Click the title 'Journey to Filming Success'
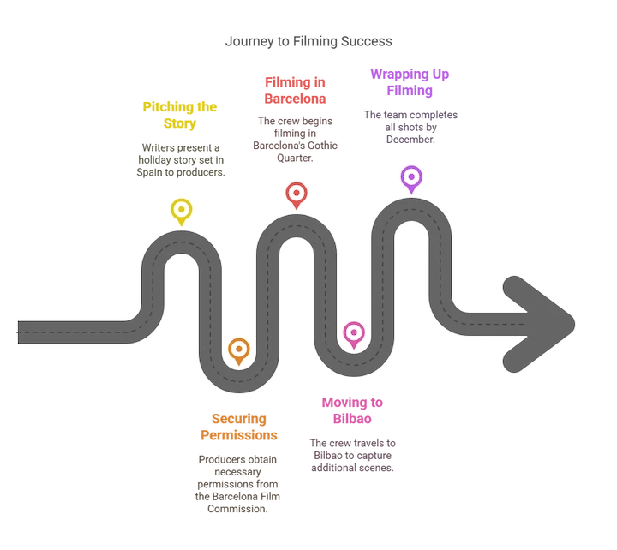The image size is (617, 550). click(308, 41)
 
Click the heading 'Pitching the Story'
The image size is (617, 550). click(180, 115)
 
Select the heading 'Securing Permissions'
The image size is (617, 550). click(239, 427)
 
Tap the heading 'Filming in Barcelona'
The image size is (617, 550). click(295, 90)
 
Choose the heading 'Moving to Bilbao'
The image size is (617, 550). click(352, 410)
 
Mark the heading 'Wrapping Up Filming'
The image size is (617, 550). click(410, 82)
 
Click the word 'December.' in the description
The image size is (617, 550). click(410, 140)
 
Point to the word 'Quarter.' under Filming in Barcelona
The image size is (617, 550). click(295, 158)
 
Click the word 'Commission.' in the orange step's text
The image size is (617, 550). click(237, 509)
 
